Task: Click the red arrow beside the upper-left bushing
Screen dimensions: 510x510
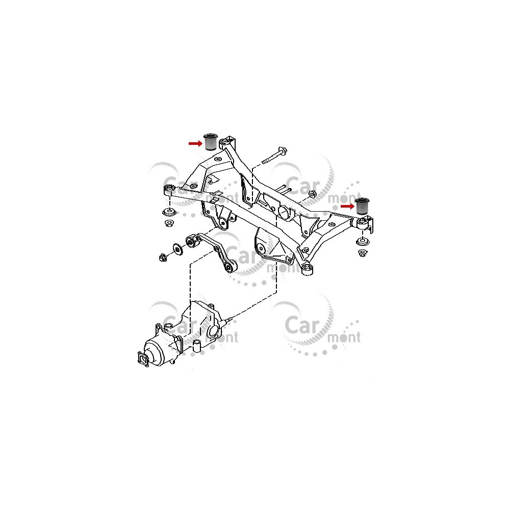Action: [x=195, y=143]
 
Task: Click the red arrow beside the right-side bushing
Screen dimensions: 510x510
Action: [x=347, y=206]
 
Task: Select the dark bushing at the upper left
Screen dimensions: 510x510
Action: [x=211, y=142]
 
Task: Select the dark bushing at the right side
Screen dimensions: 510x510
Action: [x=362, y=206]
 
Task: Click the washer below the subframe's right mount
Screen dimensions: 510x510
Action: [x=362, y=242]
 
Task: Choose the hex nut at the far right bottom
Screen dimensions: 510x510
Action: [x=362, y=253]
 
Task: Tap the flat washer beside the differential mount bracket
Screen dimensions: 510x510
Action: [x=178, y=249]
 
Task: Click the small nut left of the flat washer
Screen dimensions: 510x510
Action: [x=163, y=257]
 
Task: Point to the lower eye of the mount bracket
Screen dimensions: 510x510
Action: [x=231, y=268]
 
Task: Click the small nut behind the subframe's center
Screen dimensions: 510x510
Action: [x=311, y=194]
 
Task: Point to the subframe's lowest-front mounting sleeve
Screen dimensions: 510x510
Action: [x=308, y=270]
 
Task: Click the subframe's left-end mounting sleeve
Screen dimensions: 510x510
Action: [x=169, y=190]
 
